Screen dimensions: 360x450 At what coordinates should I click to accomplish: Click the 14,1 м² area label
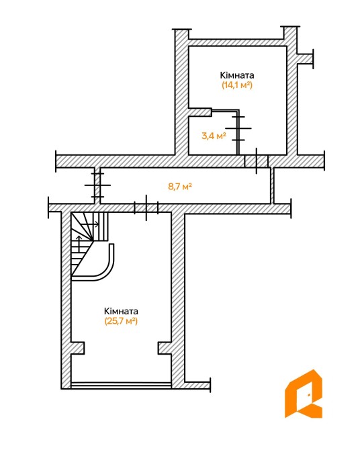tap(237, 85)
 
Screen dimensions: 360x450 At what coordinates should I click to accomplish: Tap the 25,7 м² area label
tap(121, 321)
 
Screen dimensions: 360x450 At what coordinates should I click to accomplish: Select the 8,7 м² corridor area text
tap(180, 187)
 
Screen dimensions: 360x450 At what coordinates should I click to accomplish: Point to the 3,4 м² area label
tap(214, 136)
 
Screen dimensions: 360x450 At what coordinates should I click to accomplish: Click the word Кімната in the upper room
tap(237, 75)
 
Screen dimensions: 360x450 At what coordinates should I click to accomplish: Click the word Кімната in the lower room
tap(121, 311)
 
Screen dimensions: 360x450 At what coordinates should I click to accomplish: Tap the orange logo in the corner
tap(303, 394)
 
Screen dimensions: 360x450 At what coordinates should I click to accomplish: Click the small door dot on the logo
tap(309, 395)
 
